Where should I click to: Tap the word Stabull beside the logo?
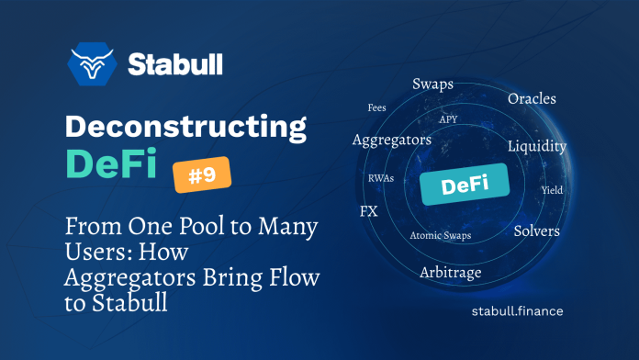174,65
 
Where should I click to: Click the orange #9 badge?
202,174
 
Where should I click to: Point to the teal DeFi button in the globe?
465,186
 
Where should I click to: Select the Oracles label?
532,98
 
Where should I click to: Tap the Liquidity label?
537,146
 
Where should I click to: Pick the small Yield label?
552,191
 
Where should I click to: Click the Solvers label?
536,231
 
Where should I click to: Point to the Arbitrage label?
451,273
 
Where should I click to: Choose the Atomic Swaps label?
439,236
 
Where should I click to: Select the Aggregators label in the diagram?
392,141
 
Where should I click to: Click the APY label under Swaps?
448,119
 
